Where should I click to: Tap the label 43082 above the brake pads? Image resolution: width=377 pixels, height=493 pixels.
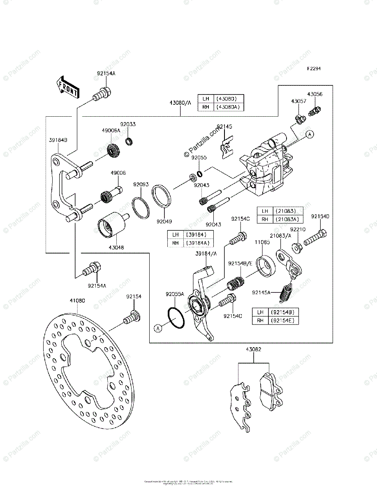pos(254,350)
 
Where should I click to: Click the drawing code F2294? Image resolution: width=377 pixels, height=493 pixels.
pos(313,69)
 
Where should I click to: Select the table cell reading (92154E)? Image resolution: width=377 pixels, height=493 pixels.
pos(283,320)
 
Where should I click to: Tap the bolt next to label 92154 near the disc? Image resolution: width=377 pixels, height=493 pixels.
pos(132,318)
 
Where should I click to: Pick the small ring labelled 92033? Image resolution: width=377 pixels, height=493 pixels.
pos(129,142)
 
